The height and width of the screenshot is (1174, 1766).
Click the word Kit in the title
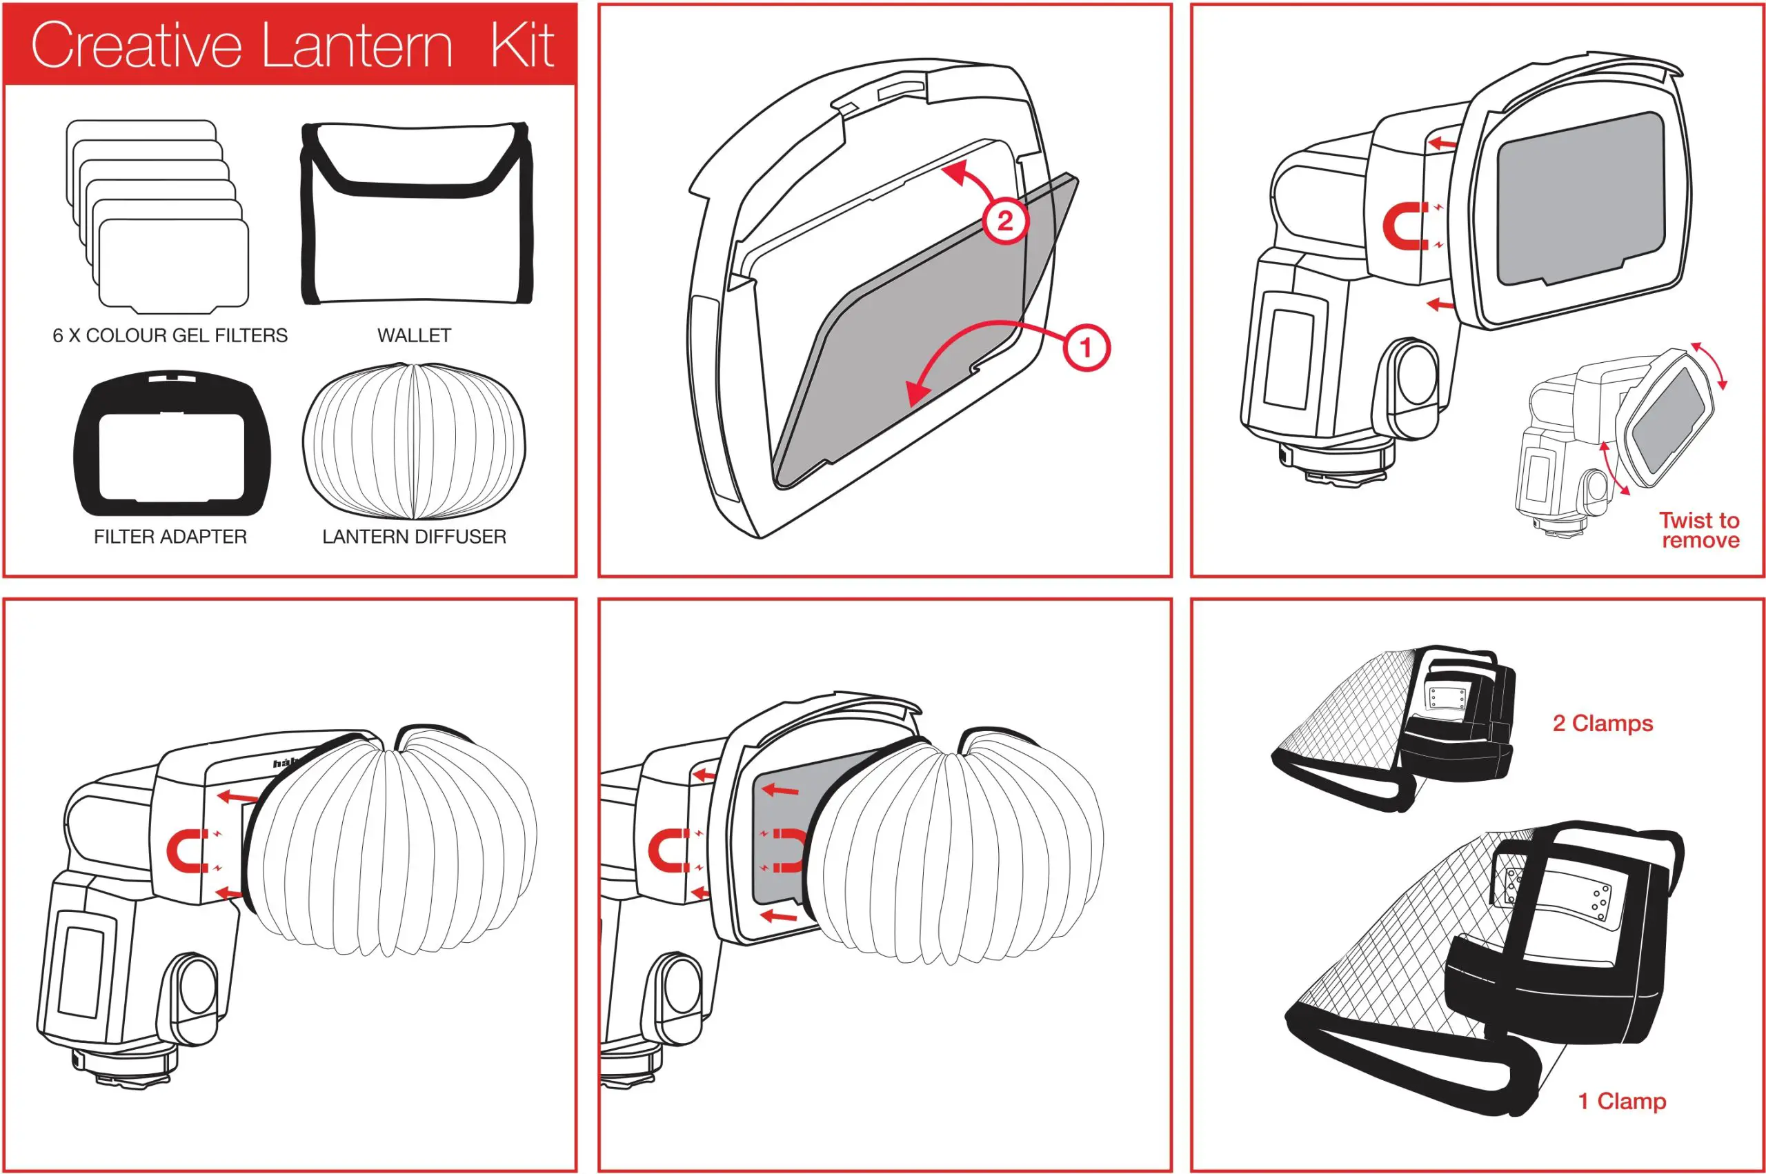522,45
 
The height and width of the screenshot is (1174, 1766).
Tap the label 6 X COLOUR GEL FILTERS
170,335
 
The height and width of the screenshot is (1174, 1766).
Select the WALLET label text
414,335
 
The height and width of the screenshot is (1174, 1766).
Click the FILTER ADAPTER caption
170,537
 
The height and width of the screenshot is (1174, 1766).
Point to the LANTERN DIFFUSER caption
414,537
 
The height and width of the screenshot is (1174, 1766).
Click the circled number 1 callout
1086,348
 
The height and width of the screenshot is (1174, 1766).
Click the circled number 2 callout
1004,221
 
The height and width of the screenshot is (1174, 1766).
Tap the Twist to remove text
1699,530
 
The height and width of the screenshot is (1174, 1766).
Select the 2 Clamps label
1603,724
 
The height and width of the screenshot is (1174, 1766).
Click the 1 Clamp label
1623,1102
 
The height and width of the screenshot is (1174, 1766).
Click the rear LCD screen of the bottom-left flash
81,971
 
